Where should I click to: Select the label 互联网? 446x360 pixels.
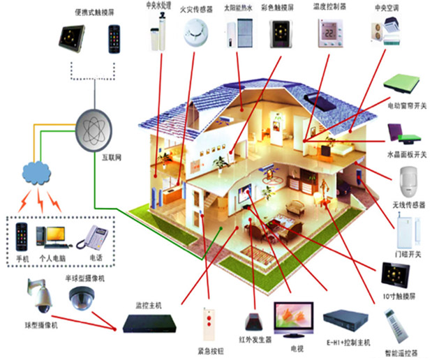[x=113, y=158]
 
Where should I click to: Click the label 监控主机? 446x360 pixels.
[x=149, y=306]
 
